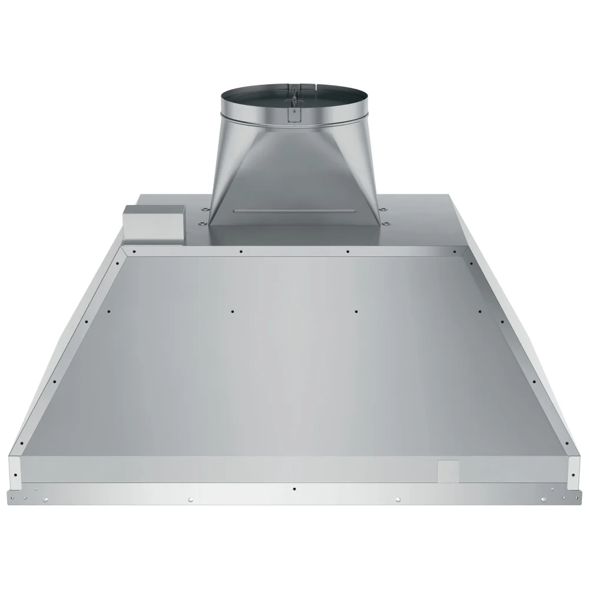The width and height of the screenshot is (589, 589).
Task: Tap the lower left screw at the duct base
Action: coord(200,223)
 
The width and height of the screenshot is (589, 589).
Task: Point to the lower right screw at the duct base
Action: coord(388,223)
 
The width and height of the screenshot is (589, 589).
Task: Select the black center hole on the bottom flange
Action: coord(294,489)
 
